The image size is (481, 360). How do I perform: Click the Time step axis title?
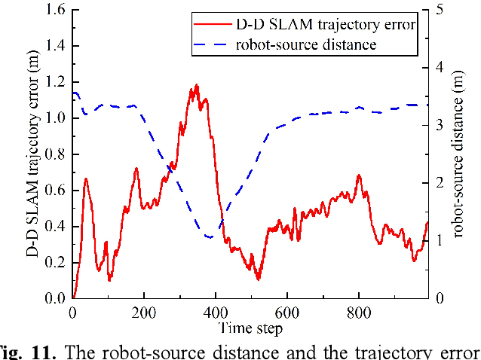coord(250,328)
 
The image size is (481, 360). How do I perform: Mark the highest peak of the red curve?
coord(197,85)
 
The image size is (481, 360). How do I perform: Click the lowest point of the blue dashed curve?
coord(209,238)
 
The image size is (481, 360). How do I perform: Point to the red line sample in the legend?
coord(212,25)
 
